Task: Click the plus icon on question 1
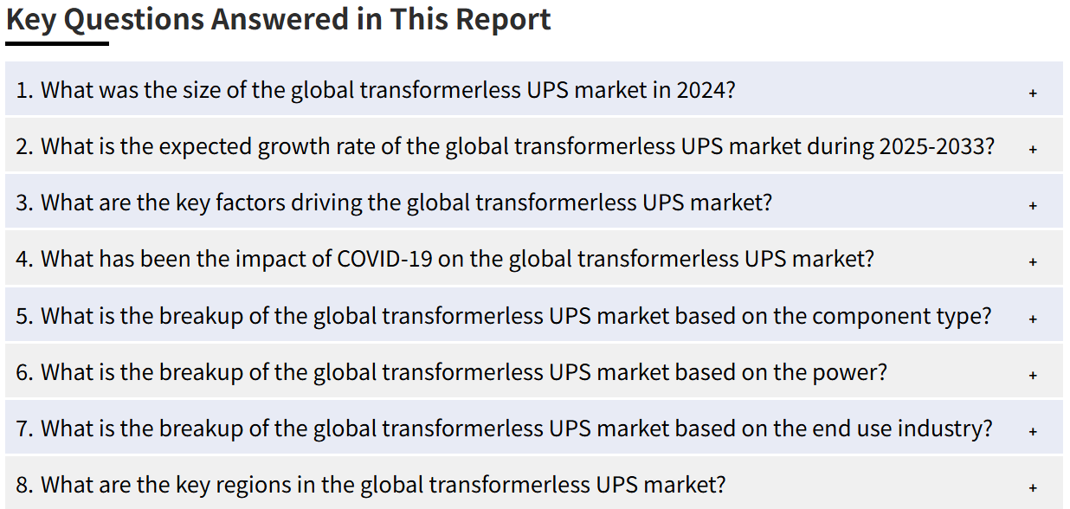coord(1033,93)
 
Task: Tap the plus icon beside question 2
coord(1033,150)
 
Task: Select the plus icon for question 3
coord(1033,206)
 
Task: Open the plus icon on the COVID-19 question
coord(1033,262)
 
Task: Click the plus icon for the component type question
coord(1033,319)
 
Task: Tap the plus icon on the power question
coord(1033,376)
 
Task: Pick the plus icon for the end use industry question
coord(1033,432)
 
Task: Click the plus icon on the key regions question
coord(1033,488)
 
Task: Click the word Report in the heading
coord(503,21)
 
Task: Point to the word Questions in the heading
coord(133,21)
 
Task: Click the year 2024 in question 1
coord(706,90)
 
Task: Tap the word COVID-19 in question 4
coord(384,260)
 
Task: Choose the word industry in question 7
coord(944,428)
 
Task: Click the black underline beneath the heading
coord(57,44)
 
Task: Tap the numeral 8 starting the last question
coord(22,485)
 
